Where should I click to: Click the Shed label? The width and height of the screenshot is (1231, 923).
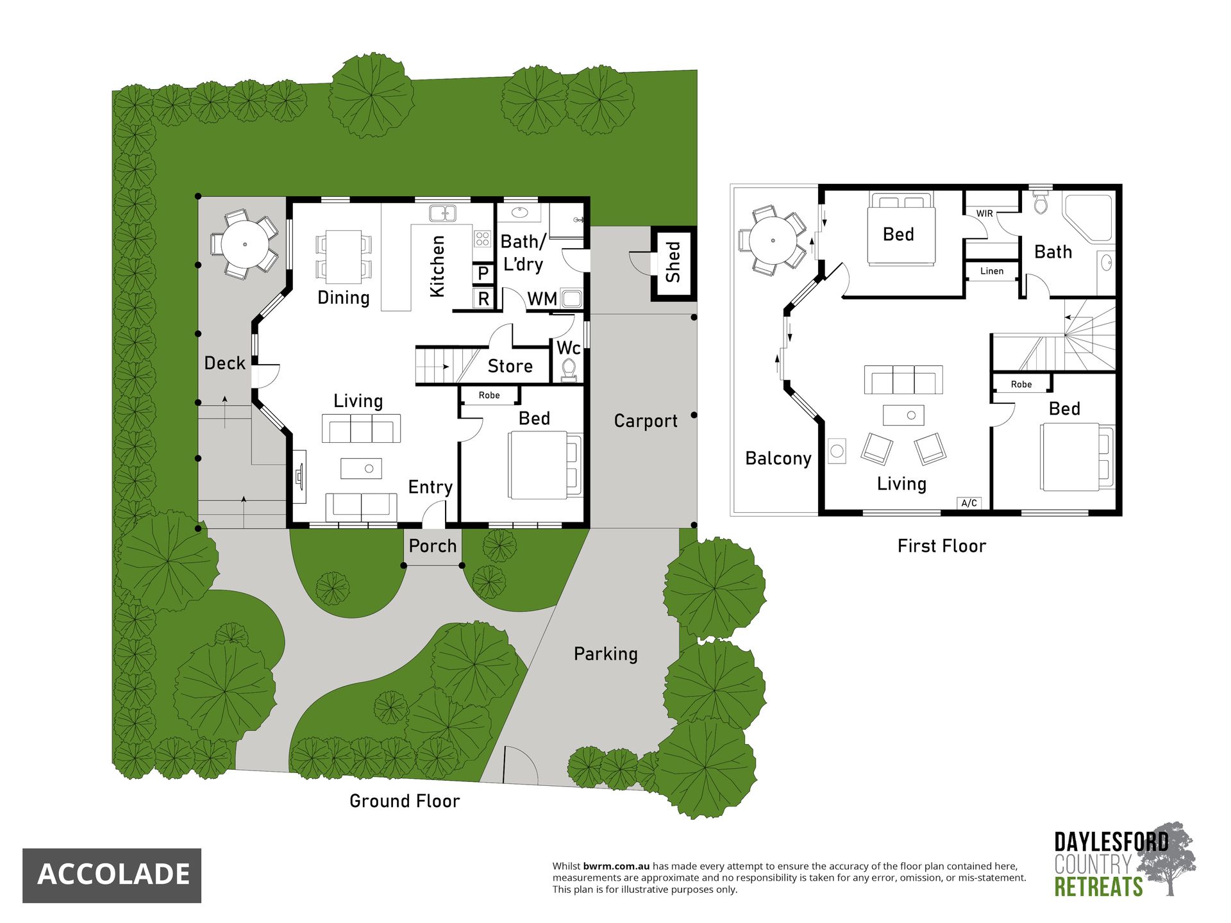(x=673, y=262)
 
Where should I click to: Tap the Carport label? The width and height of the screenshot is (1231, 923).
(x=646, y=421)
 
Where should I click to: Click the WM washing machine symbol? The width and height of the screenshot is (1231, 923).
(x=571, y=299)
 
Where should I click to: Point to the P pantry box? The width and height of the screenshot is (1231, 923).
(x=483, y=274)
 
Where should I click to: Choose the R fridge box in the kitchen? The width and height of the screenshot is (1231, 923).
(x=483, y=299)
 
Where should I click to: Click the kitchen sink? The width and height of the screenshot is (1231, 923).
(x=442, y=213)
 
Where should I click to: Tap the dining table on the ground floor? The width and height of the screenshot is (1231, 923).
(x=344, y=256)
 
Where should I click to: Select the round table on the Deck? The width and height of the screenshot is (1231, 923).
(x=245, y=244)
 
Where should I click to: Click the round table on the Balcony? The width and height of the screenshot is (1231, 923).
(x=773, y=240)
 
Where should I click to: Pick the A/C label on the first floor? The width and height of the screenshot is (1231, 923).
(x=969, y=503)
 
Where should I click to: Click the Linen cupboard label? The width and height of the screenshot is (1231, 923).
(x=992, y=271)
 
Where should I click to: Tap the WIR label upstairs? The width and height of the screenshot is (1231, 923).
(x=985, y=213)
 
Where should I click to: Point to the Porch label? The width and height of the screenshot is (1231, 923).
(x=433, y=546)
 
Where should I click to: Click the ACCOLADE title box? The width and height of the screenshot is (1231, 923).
(x=112, y=876)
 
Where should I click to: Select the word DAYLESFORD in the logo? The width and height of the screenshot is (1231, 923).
(x=1112, y=842)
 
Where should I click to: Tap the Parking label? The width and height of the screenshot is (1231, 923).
(x=606, y=654)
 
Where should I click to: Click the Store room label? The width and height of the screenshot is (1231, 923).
(x=510, y=366)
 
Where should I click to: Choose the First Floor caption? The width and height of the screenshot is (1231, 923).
(x=942, y=546)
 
